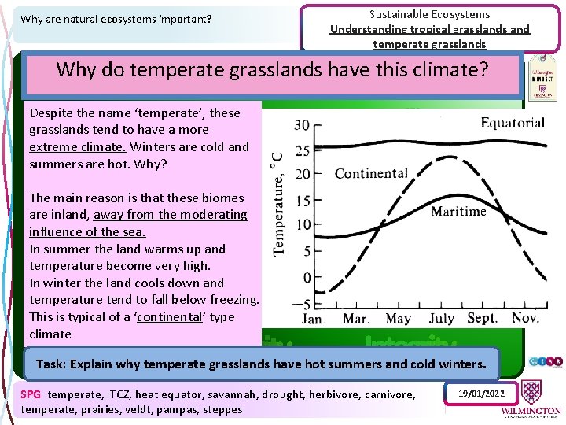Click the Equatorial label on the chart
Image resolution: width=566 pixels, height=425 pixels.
(x=513, y=122)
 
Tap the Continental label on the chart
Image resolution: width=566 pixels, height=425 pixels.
(x=371, y=173)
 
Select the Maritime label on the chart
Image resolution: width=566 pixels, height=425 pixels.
(x=459, y=211)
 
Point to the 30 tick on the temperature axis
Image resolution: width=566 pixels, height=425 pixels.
(x=302, y=125)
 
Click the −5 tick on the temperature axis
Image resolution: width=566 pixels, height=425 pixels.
(x=300, y=304)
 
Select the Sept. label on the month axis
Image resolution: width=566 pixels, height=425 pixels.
(x=482, y=319)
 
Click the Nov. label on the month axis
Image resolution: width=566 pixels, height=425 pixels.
(x=524, y=319)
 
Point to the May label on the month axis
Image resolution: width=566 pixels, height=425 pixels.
(x=398, y=320)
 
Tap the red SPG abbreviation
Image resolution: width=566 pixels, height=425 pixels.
(x=31, y=394)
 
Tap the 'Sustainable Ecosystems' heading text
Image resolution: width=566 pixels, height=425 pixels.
(x=429, y=14)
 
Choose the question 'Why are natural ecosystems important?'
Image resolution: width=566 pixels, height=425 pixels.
(x=116, y=18)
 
